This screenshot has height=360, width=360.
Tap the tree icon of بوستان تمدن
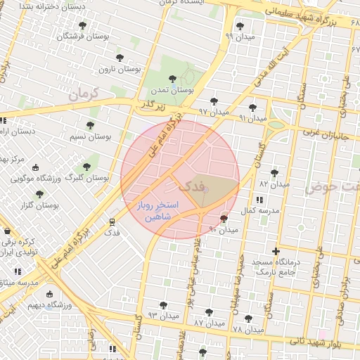[x=172, y=79]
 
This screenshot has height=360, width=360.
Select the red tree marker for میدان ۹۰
[x=224, y=219]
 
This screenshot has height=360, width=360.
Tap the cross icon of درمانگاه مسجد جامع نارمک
[x=276, y=251]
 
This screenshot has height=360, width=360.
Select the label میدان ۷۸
[x=247, y=328]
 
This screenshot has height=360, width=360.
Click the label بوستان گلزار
[x=39, y=205]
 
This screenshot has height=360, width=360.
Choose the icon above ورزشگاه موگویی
[x=35, y=167]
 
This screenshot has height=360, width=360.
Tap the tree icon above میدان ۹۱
[x=252, y=108]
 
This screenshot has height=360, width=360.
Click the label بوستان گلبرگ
[x=86, y=178]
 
